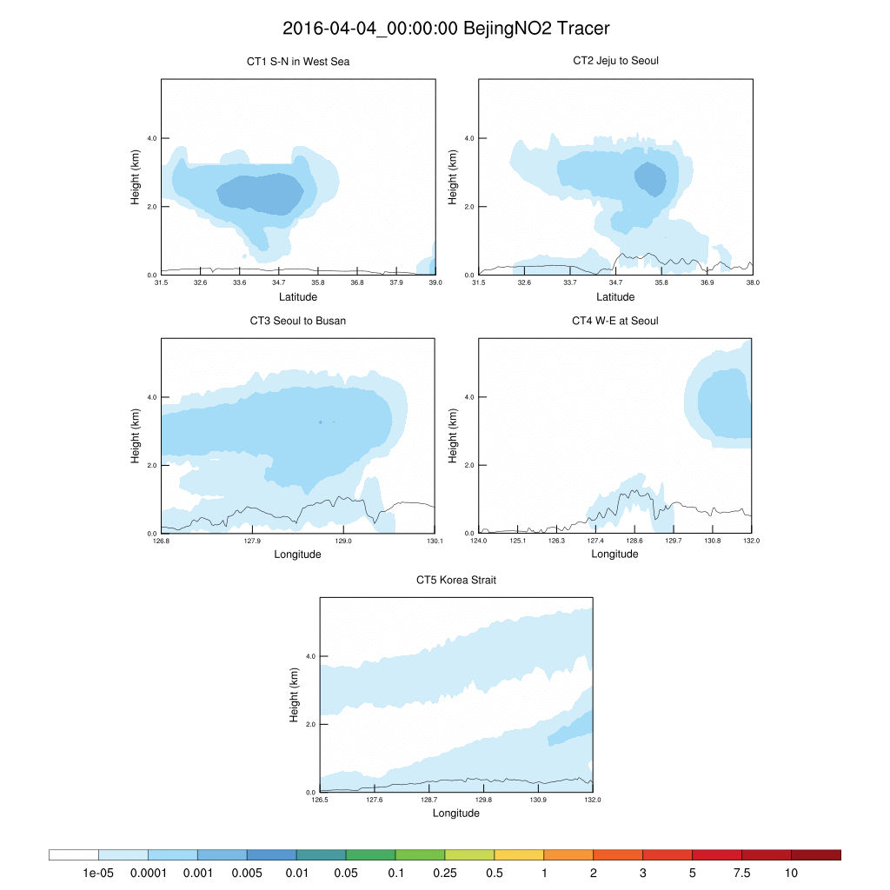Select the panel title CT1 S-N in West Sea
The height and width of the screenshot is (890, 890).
coord(298,62)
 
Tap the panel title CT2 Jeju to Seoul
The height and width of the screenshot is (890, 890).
coord(615,61)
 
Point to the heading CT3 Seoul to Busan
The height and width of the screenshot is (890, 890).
coord(298,321)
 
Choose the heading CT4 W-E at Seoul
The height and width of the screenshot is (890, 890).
coord(615,321)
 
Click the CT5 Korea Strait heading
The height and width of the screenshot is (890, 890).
coord(456,580)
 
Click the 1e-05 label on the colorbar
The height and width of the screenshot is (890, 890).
coord(98,873)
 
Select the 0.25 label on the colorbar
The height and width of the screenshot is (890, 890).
coord(444,873)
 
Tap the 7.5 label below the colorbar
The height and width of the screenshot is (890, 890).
coord(741,873)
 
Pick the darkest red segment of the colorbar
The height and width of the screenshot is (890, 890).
coord(816,855)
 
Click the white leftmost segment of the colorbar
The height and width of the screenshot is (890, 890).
coord(74,855)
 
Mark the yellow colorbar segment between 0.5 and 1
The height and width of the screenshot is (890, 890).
coord(519,855)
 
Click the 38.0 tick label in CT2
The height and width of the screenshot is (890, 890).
coord(753,282)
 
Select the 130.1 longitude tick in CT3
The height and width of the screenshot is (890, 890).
coord(435,541)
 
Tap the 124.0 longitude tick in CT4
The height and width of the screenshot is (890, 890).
coord(479,541)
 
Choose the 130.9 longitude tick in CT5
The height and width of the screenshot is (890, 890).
coord(539,800)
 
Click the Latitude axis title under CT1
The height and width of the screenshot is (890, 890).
coord(298,297)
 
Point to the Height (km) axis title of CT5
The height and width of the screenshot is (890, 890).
coord(295,695)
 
